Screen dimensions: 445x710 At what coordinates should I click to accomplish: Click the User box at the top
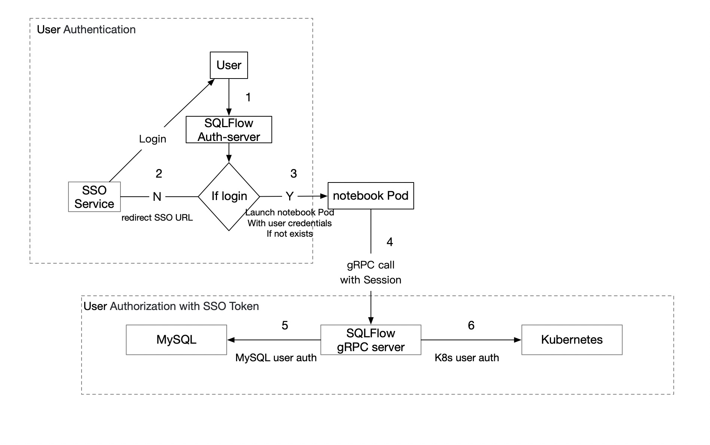pyautogui.click(x=229, y=65)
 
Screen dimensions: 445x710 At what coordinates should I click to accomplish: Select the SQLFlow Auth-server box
pyautogui.click(x=229, y=130)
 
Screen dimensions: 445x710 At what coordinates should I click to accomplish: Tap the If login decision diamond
pyautogui.click(x=229, y=196)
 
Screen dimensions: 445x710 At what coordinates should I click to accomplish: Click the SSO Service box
pyautogui.click(x=94, y=197)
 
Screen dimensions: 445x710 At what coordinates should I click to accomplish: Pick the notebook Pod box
pyautogui.click(x=370, y=196)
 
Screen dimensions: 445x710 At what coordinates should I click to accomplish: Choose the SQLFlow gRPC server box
pyautogui.click(x=370, y=340)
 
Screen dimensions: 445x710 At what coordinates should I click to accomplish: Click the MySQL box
pyautogui.click(x=176, y=340)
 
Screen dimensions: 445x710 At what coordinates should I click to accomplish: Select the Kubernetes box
pyautogui.click(x=572, y=340)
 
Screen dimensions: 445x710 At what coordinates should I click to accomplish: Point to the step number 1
pyautogui.click(x=248, y=97)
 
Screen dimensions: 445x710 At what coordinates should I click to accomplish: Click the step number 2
pyautogui.click(x=159, y=174)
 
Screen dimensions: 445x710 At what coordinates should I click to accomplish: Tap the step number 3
pyautogui.click(x=294, y=174)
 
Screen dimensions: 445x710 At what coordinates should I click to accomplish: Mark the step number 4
pyautogui.click(x=389, y=242)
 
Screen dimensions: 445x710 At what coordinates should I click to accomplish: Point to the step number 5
pyautogui.click(x=285, y=325)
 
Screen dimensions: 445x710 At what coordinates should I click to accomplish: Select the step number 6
pyautogui.click(x=471, y=325)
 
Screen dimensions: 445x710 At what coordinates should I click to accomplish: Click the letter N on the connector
pyautogui.click(x=157, y=197)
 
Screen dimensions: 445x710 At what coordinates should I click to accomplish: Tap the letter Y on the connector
pyautogui.click(x=290, y=196)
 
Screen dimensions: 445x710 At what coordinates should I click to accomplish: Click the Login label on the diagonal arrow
pyautogui.click(x=153, y=139)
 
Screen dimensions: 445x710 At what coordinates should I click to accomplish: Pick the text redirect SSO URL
pyautogui.click(x=157, y=218)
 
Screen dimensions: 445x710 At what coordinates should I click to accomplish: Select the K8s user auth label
pyautogui.click(x=466, y=357)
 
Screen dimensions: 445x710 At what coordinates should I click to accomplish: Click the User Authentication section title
pyautogui.click(x=86, y=30)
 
